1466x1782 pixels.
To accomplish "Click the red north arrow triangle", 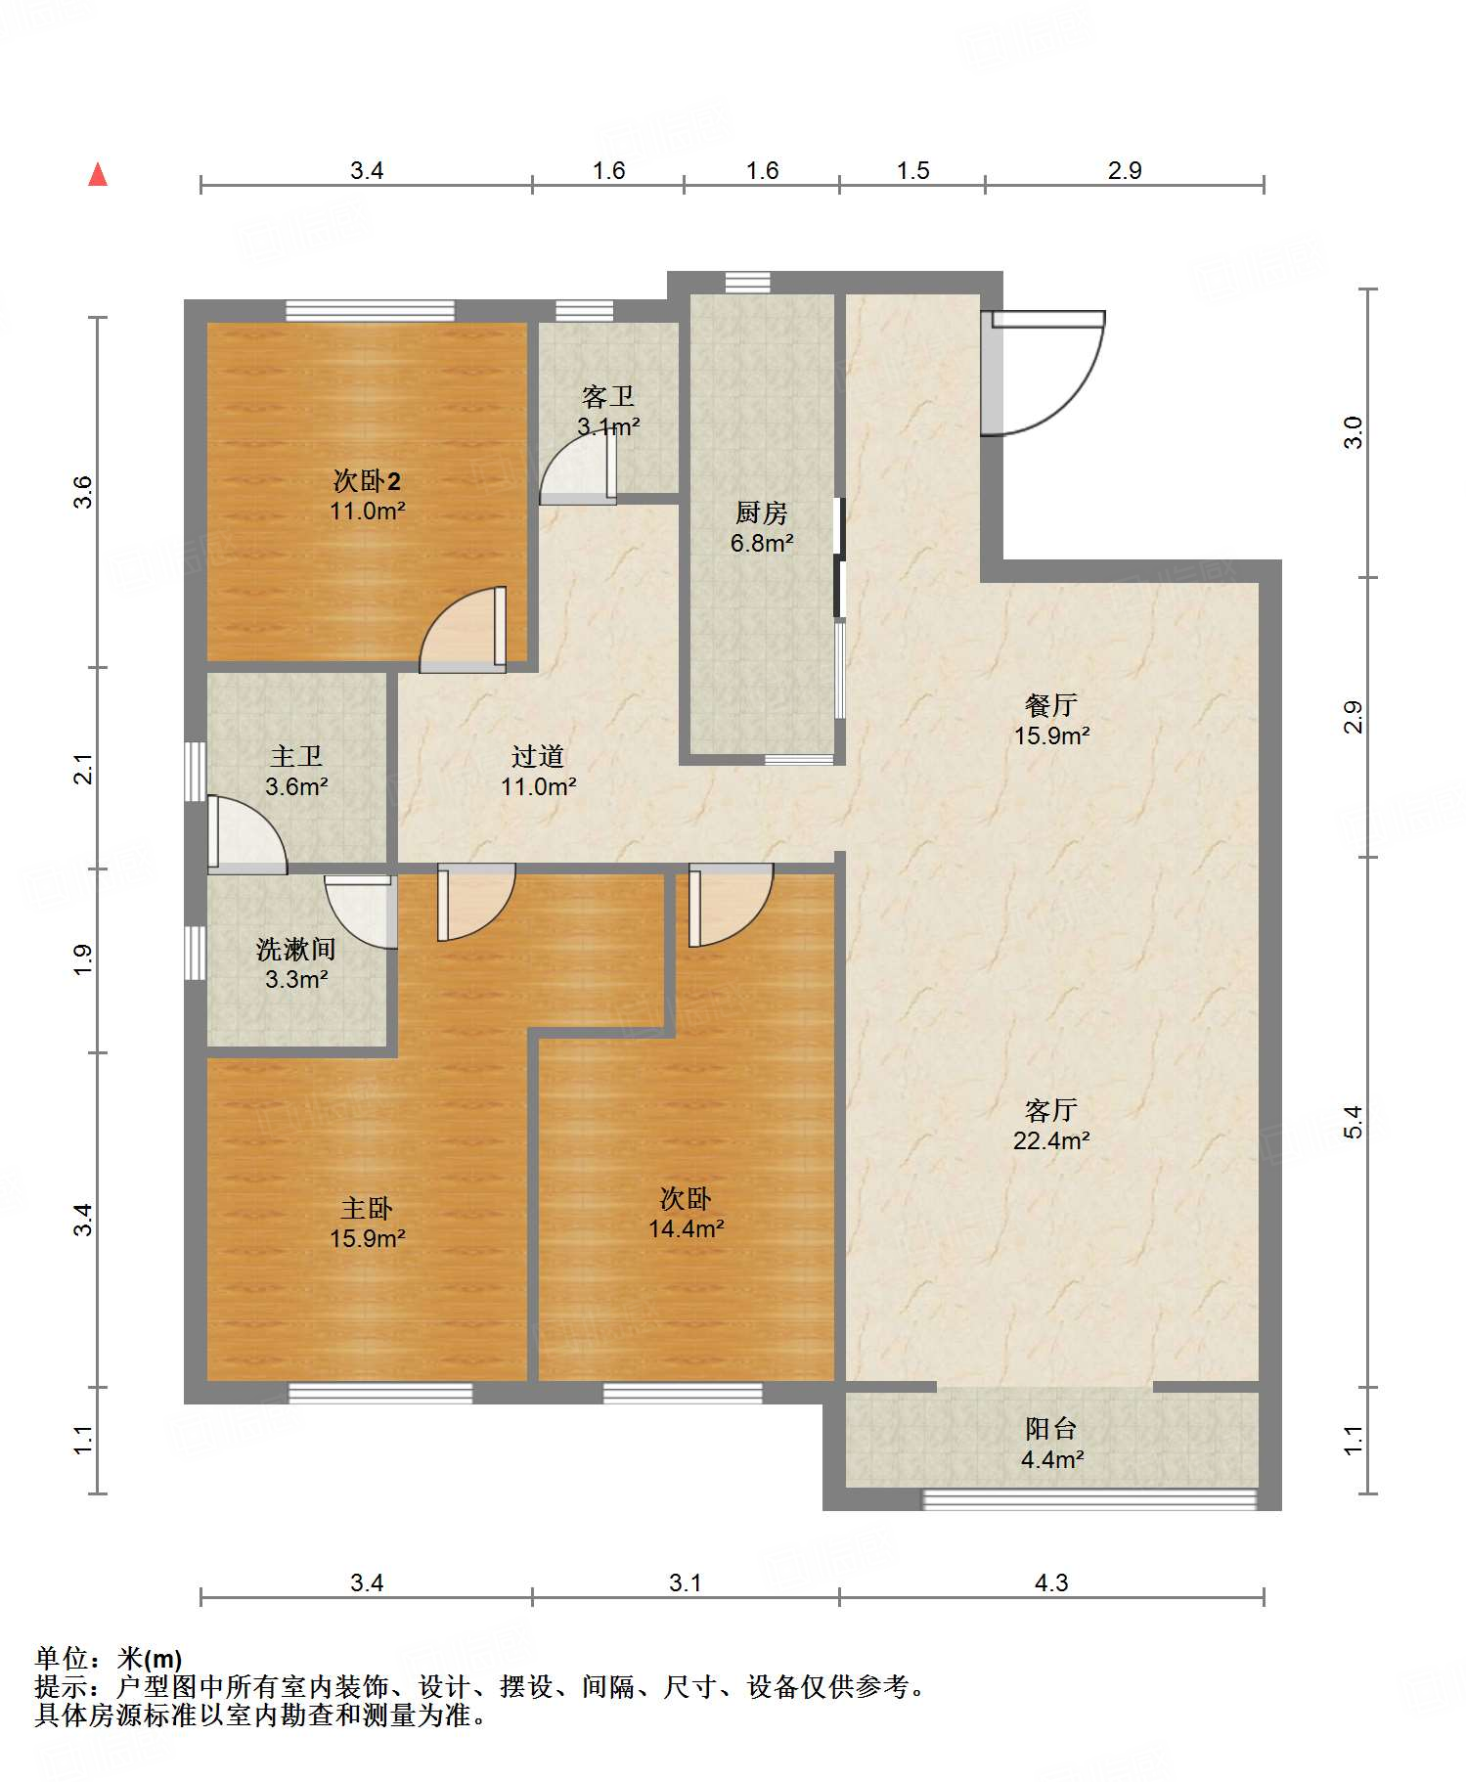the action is pos(98,174).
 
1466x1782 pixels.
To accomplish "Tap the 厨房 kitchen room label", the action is pos(761,512).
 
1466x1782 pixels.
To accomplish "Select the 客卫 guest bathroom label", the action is pos(607,396).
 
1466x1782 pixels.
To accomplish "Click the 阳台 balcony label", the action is pos(1051,1429).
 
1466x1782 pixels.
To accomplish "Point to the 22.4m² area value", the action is pos(1051,1140).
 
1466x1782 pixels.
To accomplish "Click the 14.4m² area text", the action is pos(687,1228).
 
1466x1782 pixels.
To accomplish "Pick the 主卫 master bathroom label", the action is pos(296,756).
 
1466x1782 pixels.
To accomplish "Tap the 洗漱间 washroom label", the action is pos(296,949).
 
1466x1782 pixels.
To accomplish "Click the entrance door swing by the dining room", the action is pos(1043,373).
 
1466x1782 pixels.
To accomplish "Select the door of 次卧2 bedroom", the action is pos(464,630).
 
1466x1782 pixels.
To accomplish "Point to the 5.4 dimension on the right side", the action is pos(1353,1122).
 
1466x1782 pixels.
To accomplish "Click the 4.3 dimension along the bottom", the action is pos(1051,1582).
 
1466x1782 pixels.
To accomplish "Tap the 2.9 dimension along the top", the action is pos(1125,170).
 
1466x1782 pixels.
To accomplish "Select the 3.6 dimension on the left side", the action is pos(83,491).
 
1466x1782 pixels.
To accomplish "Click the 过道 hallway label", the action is pos(538,756).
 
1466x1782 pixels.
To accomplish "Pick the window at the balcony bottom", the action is pos(1089,1499).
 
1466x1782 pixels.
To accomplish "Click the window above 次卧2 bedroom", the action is pos(370,311).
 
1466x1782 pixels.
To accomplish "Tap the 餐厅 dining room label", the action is pos(1051,705).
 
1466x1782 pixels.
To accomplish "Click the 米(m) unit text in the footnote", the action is pos(150,1659).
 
